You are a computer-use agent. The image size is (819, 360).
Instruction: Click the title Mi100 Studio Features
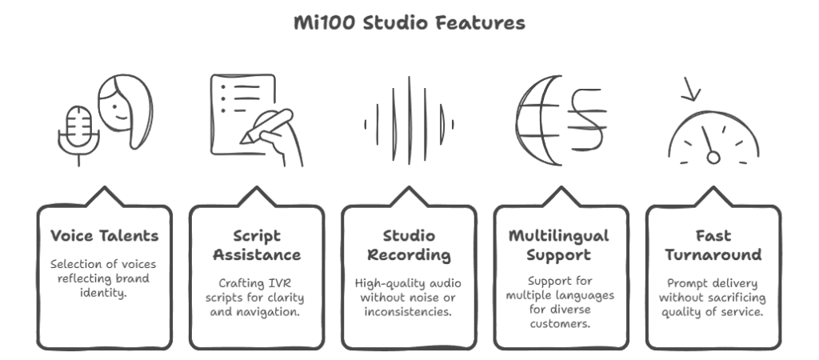pyautogui.click(x=409, y=23)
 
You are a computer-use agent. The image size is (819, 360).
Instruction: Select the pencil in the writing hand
pyautogui.click(x=266, y=126)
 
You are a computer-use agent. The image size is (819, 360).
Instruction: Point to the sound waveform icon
pyautogui.click(x=409, y=121)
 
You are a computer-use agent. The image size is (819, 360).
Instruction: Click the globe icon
pyautogui.click(x=538, y=121)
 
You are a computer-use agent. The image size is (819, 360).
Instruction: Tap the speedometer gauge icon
pyautogui.click(x=713, y=138)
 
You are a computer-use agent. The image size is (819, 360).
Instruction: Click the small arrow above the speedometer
pyautogui.click(x=690, y=90)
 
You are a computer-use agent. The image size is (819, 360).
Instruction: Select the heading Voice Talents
pyautogui.click(x=105, y=236)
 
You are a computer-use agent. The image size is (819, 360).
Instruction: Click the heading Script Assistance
pyautogui.click(x=257, y=245)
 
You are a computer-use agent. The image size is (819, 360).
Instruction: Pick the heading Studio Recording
pyautogui.click(x=409, y=245)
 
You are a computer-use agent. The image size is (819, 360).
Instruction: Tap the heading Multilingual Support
pyautogui.click(x=559, y=245)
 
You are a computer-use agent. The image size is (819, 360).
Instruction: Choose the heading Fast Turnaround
pyautogui.click(x=713, y=245)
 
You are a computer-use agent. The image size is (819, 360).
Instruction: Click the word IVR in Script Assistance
pyautogui.click(x=280, y=284)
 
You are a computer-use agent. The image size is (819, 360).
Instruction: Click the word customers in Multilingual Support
pyautogui.click(x=561, y=324)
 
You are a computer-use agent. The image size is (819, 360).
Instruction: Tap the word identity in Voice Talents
pyautogui.click(x=103, y=293)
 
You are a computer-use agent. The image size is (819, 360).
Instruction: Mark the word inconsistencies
pyautogui.click(x=408, y=312)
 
